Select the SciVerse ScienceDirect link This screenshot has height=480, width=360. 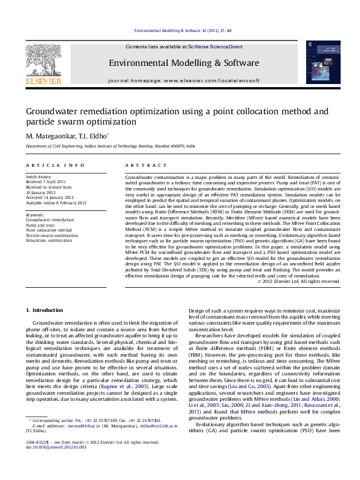pyautogui.click(x=215, y=47)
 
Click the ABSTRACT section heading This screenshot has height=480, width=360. pyautogui.click(x=141, y=165)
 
